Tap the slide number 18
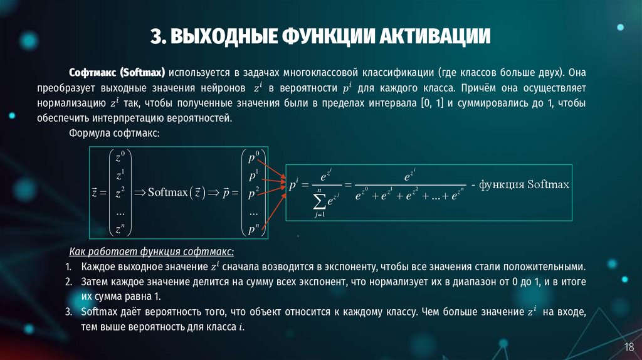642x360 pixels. (628, 347)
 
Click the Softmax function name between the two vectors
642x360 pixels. (168, 192)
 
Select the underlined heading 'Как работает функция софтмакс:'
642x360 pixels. (151, 251)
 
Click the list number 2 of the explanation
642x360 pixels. (69, 282)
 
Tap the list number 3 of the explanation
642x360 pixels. (69, 312)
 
